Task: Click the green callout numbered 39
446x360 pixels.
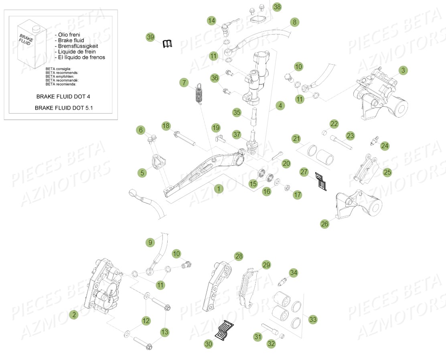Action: pos(150,37)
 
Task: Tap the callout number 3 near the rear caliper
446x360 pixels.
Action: pos(403,71)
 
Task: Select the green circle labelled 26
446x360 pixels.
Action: pos(324,224)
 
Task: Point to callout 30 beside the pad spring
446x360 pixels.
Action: pos(208,344)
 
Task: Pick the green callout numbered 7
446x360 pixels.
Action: pos(184,83)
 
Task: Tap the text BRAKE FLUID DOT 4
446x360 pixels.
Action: pos(66,97)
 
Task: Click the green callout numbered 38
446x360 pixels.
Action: pos(277,7)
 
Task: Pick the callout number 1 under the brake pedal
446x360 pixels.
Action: pos(219,189)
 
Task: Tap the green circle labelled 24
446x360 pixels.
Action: pos(385,146)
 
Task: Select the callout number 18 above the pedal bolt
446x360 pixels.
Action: pos(166,126)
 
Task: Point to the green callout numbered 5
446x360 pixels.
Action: pos(142,173)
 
